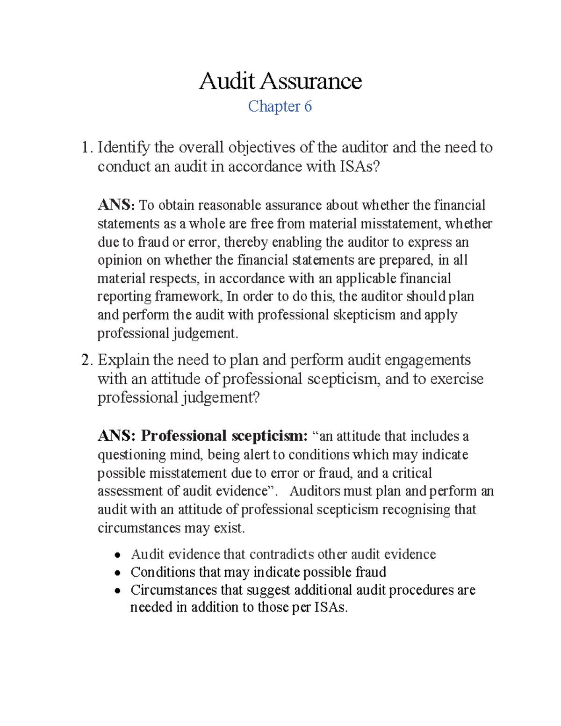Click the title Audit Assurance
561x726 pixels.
coord(280,81)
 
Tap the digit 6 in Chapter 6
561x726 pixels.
coord(308,107)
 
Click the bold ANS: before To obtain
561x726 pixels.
coord(116,205)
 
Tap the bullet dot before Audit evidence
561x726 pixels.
coord(119,555)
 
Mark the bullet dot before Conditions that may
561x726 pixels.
coord(119,573)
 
